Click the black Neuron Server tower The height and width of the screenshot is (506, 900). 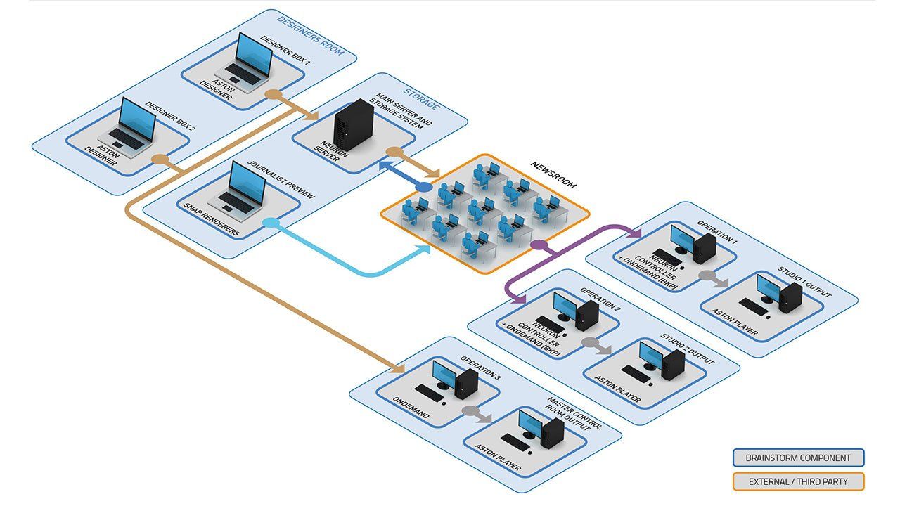click(x=353, y=125)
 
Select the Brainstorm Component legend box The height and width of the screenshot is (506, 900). click(x=798, y=458)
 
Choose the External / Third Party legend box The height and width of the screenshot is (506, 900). click(x=798, y=481)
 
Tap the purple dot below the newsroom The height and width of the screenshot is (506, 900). click(x=539, y=245)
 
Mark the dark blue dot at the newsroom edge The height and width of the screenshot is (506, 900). click(x=424, y=188)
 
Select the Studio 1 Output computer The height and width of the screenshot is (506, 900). click(x=780, y=293)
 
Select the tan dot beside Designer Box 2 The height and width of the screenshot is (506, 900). click(x=160, y=159)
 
